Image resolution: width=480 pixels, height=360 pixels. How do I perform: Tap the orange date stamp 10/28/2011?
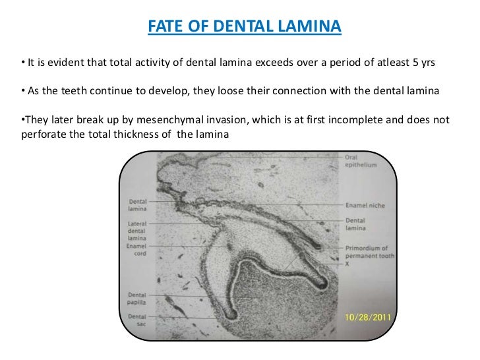tap(368, 316)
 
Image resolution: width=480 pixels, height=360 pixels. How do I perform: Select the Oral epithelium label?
tap(360, 162)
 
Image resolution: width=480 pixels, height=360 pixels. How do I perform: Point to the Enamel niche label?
tap(365, 205)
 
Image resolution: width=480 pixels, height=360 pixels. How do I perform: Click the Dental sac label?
tap(136, 321)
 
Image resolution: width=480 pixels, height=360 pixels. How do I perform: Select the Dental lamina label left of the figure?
tap(137, 204)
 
